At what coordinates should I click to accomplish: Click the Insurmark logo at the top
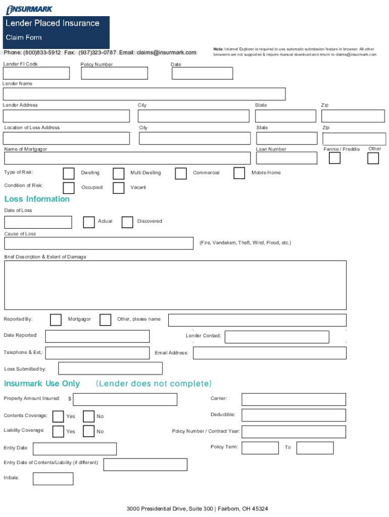pyautogui.click(x=29, y=9)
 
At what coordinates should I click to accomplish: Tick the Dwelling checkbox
pyautogui.click(x=69, y=173)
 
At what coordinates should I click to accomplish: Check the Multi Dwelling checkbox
pyautogui.click(x=119, y=173)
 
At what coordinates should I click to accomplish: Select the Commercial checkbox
pyautogui.click(x=181, y=173)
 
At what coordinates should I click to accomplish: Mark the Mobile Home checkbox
pyautogui.click(x=239, y=173)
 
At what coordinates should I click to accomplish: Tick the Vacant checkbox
pyautogui.click(x=119, y=188)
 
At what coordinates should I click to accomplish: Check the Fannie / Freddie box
pyautogui.click(x=334, y=158)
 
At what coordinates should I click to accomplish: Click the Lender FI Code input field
pyautogui.click(x=36, y=73)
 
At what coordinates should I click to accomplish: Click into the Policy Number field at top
pyautogui.click(x=114, y=73)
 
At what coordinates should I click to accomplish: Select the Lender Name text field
pyautogui.click(x=144, y=94)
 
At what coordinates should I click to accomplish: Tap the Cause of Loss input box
pyautogui.click(x=99, y=243)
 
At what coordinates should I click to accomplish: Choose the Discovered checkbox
pyautogui.click(x=127, y=222)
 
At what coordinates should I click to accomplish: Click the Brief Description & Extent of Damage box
pyautogui.click(x=175, y=285)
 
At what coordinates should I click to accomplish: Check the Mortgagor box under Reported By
pyautogui.click(x=56, y=320)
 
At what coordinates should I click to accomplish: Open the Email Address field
pyautogui.click(x=269, y=353)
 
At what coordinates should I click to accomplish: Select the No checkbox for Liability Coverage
pyautogui.click(x=88, y=431)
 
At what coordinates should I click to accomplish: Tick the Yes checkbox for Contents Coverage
pyautogui.click(x=58, y=417)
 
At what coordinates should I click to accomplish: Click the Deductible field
pyautogui.click(x=294, y=415)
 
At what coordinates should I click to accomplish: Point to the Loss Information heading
pyautogui.click(x=37, y=199)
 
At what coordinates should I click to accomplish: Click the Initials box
pyautogui.click(x=53, y=479)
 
